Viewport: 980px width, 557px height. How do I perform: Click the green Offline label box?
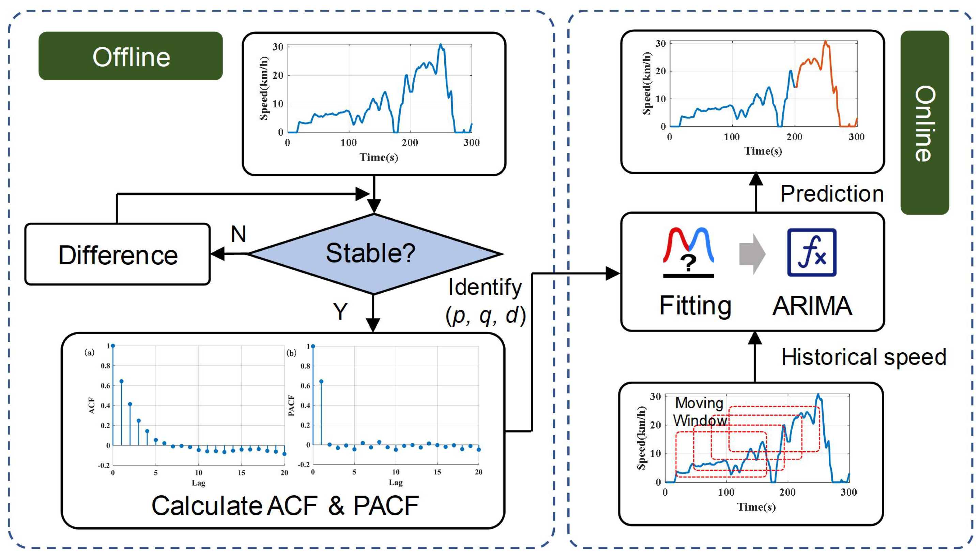[130, 56]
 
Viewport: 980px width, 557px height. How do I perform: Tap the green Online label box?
[924, 122]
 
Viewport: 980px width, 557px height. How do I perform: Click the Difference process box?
[118, 254]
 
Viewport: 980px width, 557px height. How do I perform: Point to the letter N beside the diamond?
[239, 234]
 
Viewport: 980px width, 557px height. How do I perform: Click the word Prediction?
[832, 194]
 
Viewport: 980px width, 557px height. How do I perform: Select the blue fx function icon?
[812, 252]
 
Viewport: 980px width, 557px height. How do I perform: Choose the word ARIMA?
[812, 306]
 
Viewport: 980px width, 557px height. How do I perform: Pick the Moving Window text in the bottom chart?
[700, 412]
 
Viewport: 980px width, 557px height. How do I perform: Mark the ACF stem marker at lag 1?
[122, 381]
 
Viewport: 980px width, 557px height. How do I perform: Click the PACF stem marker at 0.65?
[321, 381]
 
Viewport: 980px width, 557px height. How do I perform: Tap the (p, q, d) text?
[486, 316]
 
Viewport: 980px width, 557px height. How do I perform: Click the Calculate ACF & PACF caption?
[285, 505]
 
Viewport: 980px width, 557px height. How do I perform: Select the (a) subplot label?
[89, 352]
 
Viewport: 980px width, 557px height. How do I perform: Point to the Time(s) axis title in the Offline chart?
[379, 157]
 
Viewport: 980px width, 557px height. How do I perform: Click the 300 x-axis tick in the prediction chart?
[856, 137]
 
